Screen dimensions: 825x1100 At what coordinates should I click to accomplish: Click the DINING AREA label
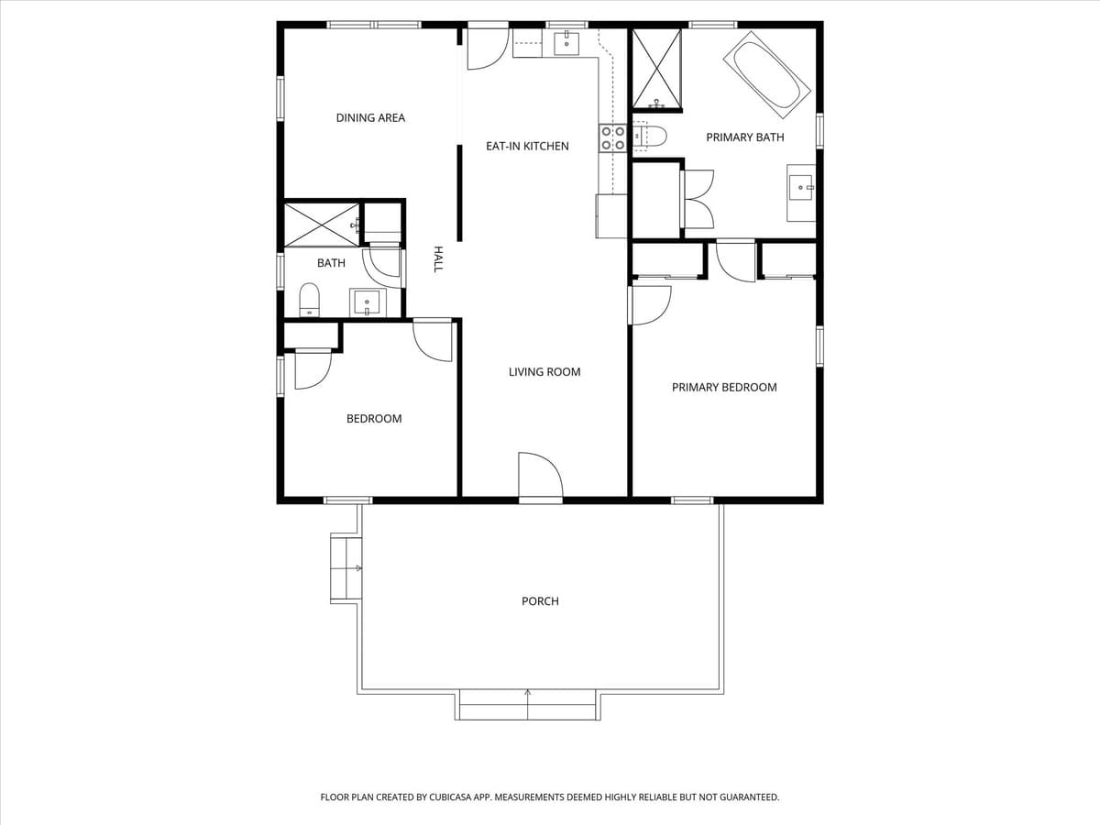point(370,117)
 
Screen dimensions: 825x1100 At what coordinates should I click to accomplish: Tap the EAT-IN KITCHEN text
point(527,146)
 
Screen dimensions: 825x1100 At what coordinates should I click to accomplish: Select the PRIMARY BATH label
point(744,137)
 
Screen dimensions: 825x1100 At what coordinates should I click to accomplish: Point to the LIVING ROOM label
point(544,371)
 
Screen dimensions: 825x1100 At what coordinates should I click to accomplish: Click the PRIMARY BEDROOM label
point(724,387)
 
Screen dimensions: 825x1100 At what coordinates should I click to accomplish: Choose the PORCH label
point(540,600)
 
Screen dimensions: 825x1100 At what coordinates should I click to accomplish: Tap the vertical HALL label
point(438,258)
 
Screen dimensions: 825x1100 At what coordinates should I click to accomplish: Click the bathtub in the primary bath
point(767,75)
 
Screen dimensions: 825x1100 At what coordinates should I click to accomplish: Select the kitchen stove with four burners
point(612,137)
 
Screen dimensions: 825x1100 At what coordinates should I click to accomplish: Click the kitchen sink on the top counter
point(566,42)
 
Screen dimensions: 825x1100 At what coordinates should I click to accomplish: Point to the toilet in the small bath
point(310,299)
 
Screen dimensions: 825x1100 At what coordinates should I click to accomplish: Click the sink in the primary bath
point(801,189)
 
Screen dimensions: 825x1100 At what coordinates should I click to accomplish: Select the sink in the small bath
point(368,302)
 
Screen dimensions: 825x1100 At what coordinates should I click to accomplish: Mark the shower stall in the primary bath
point(656,69)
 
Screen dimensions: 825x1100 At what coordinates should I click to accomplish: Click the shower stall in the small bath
point(321,225)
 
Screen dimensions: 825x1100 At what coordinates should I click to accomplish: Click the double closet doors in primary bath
point(698,199)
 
